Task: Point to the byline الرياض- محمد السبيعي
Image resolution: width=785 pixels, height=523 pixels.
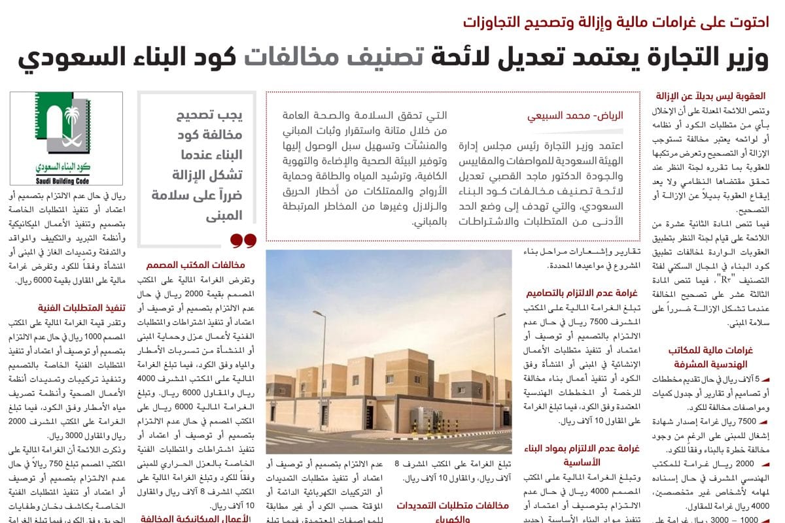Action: point(576,116)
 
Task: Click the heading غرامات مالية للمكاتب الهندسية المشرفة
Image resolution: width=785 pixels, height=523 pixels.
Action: point(710,357)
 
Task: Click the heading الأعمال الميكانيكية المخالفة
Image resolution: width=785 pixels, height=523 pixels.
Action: point(196,518)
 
